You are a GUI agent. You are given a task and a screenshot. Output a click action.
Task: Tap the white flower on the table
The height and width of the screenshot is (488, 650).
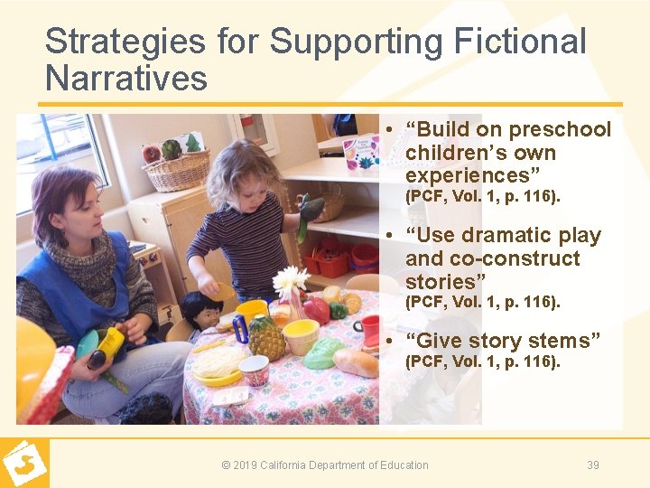pyautogui.click(x=290, y=281)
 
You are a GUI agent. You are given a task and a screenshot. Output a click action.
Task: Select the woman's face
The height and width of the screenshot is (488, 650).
pyautogui.click(x=79, y=210)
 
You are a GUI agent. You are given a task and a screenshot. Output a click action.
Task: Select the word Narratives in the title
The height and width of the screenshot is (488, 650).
pyautogui.click(x=125, y=79)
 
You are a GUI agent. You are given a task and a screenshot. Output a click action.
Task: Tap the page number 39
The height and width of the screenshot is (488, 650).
pyautogui.click(x=592, y=465)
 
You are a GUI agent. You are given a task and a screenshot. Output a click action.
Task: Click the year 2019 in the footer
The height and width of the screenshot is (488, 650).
pyautogui.click(x=245, y=465)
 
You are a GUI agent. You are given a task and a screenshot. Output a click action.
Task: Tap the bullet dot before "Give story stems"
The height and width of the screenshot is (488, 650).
pyautogui.click(x=387, y=341)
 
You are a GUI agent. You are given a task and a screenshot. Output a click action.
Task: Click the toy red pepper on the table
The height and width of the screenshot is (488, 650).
pyautogui.click(x=315, y=310)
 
